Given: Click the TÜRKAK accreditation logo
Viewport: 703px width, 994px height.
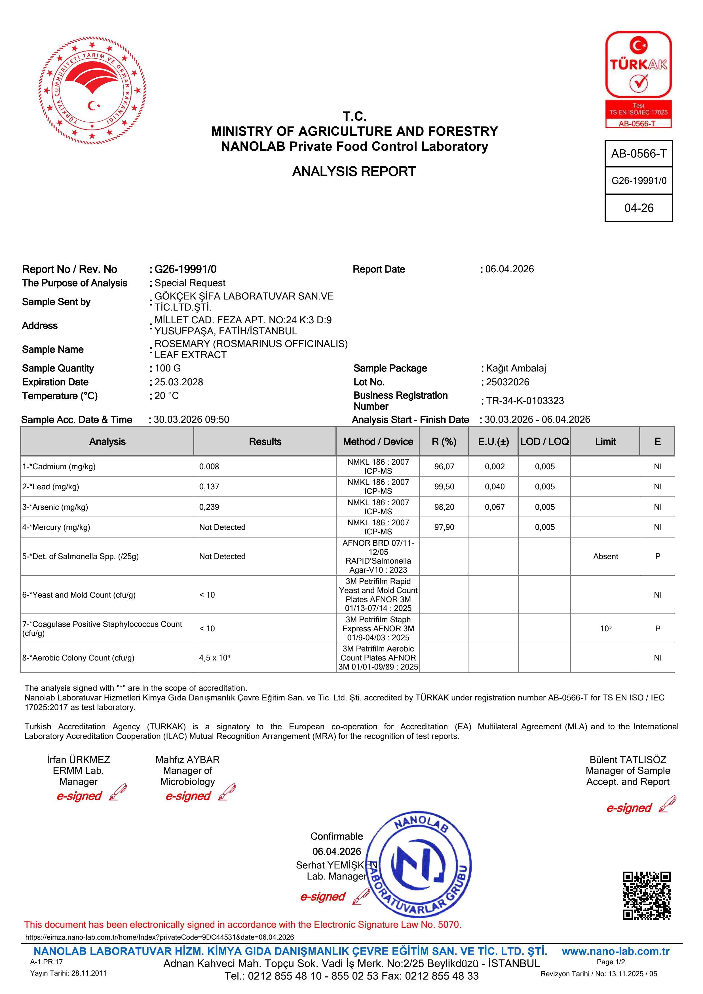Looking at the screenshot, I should pyautogui.click(x=638, y=79).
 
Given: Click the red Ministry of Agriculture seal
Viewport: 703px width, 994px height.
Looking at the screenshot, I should pyautogui.click(x=92, y=90).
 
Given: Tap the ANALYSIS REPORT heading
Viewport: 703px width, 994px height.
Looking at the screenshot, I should pyautogui.click(x=354, y=171).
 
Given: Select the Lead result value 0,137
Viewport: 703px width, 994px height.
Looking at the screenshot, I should pyautogui.click(x=209, y=487).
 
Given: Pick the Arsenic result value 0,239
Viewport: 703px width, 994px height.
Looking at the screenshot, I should pyautogui.click(x=209, y=507).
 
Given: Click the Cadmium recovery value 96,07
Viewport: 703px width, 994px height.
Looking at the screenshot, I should pyautogui.click(x=444, y=467).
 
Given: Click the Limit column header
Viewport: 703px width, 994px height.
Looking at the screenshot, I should pyautogui.click(x=605, y=441).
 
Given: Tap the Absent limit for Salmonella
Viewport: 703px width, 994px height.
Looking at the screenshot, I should pyautogui.click(x=605, y=556).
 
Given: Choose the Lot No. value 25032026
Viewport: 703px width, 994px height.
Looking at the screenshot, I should pyautogui.click(x=508, y=382).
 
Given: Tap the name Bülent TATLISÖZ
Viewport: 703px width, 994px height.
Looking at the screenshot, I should pyautogui.click(x=628, y=759).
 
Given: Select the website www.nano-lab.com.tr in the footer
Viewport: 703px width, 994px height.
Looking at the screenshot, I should pyautogui.click(x=615, y=951).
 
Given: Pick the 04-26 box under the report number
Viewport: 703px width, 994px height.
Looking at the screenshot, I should pyautogui.click(x=638, y=208).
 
